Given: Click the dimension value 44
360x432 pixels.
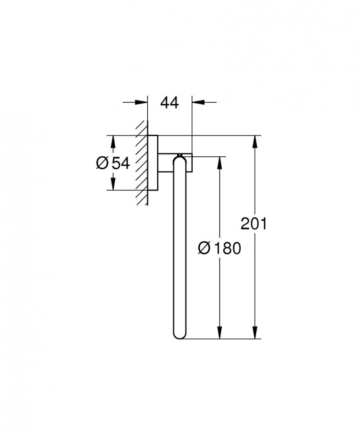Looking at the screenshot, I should click(x=170, y=103).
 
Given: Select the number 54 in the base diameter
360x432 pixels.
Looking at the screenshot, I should click(x=121, y=163).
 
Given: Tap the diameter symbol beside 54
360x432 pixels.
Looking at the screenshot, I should click(x=102, y=163).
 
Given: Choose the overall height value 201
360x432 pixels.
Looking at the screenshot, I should click(x=254, y=223).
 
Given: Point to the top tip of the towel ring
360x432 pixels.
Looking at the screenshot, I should click(x=180, y=155).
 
